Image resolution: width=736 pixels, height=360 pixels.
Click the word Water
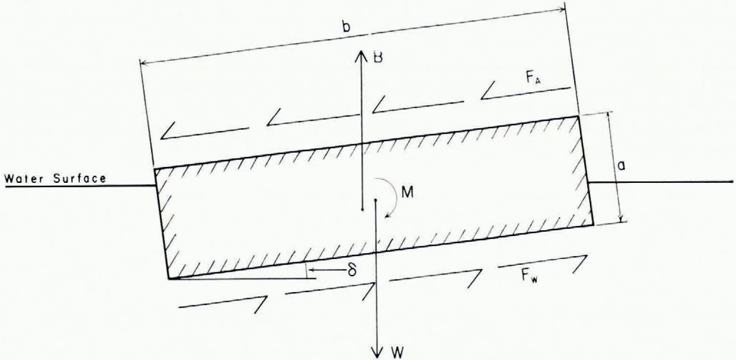tap(26, 179)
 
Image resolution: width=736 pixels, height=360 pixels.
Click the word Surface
tap(79, 179)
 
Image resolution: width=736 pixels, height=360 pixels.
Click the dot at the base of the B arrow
tap(362, 210)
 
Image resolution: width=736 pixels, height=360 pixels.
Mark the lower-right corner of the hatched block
tap(593, 224)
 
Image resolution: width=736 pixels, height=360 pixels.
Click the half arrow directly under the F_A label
tap(526, 93)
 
